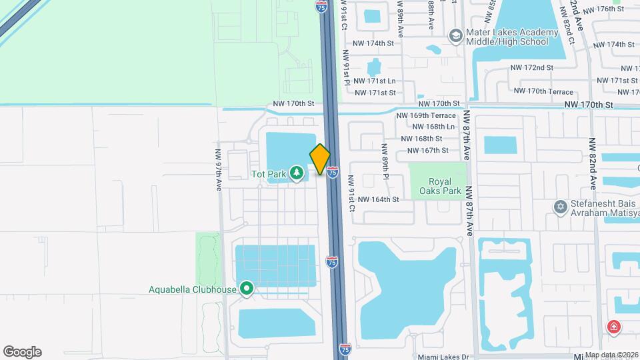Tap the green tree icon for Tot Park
tap(296, 175)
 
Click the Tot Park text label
tap(269, 175)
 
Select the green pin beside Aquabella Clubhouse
tap(247, 289)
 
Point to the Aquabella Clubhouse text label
tap(193, 289)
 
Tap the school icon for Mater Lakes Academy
tap(456, 35)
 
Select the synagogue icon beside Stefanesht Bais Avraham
tap(560, 207)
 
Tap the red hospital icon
tap(613, 327)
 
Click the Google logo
tap(22, 352)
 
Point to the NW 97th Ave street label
tap(218, 170)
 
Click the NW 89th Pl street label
tap(385, 161)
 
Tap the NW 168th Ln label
tap(433, 127)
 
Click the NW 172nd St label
tap(531, 68)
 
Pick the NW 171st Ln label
tap(375, 81)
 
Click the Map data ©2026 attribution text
tap(611, 354)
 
